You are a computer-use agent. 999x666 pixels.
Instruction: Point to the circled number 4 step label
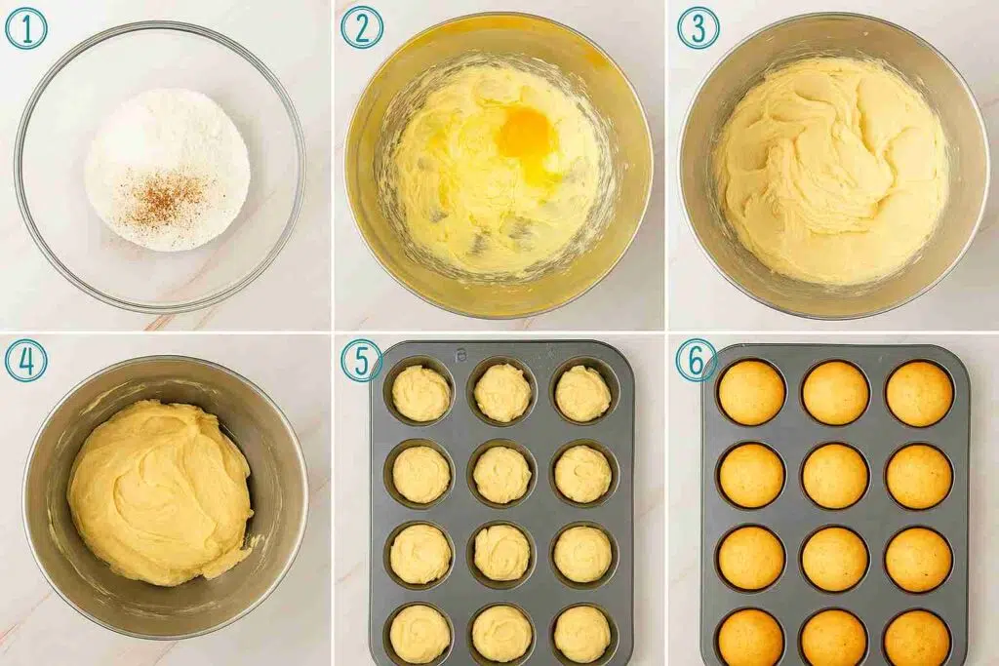26,361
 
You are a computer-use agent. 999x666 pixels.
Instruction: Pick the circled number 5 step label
362,361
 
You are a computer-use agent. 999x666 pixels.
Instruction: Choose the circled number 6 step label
697,361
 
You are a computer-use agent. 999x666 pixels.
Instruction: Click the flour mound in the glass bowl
167,170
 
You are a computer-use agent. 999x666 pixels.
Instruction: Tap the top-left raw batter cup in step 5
421,393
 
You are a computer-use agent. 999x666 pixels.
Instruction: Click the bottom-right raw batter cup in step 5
582,634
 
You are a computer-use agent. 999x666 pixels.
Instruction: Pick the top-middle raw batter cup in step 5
502,393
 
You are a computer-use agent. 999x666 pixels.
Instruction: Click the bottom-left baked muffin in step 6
751,638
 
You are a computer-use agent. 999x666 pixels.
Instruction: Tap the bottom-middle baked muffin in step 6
835,638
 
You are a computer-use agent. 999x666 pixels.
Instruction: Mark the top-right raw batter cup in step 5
583,394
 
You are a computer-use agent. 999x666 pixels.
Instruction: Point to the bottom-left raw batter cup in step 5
420,634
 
